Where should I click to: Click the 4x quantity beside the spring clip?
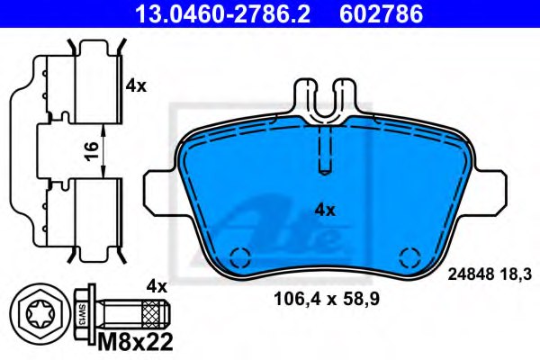[x=135, y=86]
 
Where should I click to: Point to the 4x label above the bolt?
[x=157, y=287]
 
